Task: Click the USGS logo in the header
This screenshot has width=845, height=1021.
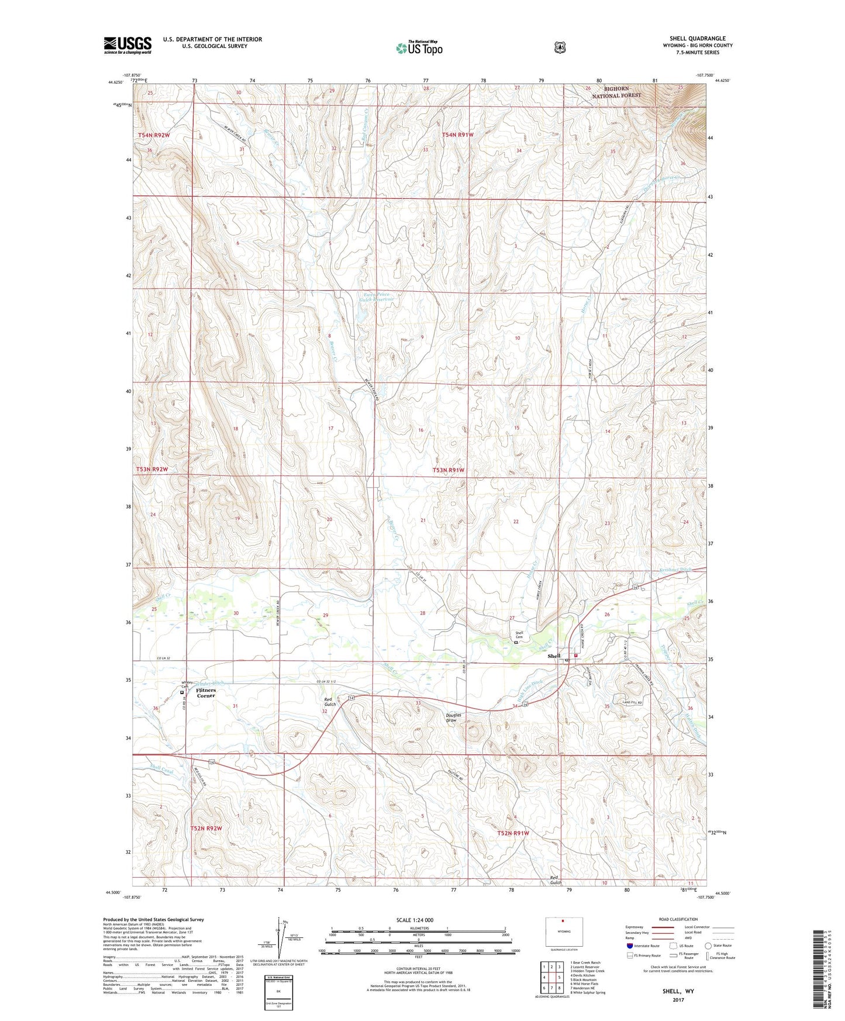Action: [x=127, y=45]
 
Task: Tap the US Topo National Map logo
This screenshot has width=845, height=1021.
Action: [x=419, y=48]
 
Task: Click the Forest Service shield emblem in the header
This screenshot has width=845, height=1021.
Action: [x=560, y=47]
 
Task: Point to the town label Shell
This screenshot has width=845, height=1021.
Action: [x=554, y=656]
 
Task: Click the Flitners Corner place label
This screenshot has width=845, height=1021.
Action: [x=205, y=693]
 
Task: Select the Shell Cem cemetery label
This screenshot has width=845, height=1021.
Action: [x=519, y=635]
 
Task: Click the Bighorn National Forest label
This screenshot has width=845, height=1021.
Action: [x=616, y=92]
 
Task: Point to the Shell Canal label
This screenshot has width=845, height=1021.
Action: [x=161, y=768]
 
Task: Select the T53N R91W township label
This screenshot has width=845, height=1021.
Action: [x=449, y=470]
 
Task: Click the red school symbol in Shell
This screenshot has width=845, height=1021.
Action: [x=576, y=656]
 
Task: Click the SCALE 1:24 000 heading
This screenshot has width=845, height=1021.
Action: [x=415, y=920]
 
